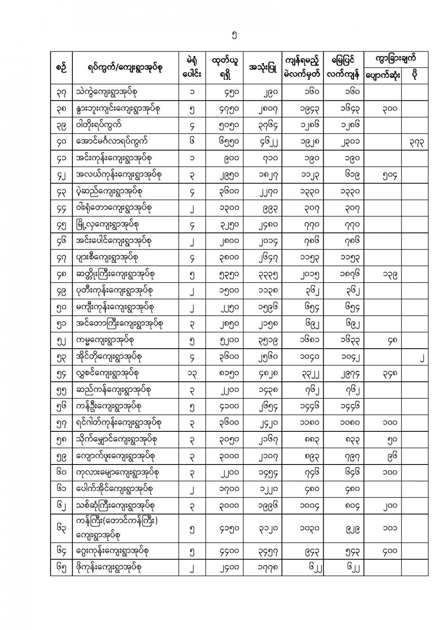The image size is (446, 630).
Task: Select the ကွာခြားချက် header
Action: pyautogui.click(x=396, y=58)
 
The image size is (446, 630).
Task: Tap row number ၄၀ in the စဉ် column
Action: pyautogui.click(x=61, y=142)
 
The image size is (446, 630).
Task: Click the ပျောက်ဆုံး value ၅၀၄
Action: pyautogui.click(x=382, y=175)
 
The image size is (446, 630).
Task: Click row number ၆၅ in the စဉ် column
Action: pyautogui.click(x=61, y=567)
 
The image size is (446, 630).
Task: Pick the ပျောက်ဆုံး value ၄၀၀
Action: pyautogui.click(x=382, y=551)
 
